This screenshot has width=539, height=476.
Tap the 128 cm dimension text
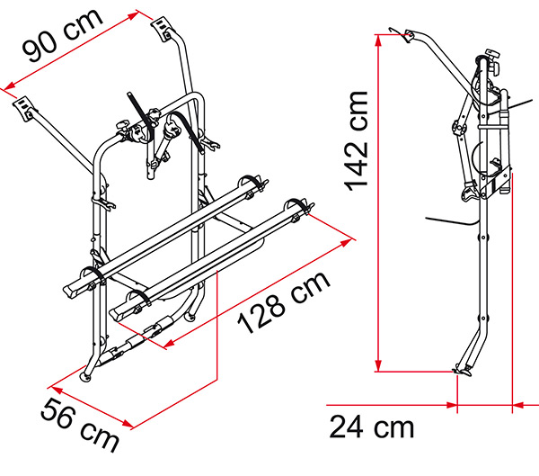pyautogui.click(x=284, y=302)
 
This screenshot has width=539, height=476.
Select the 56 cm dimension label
pyautogui.click(x=80, y=425)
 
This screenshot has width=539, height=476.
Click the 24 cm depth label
pyautogui.click(x=372, y=427)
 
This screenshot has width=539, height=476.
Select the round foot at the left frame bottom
pyautogui.click(x=85, y=378)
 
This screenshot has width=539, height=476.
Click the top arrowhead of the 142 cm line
pyautogui.click(x=378, y=40)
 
